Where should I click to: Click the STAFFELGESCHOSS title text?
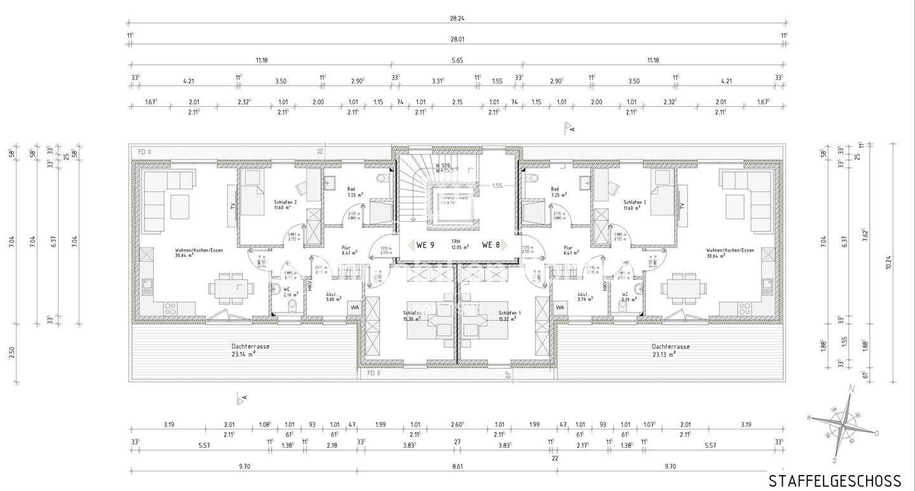[x=835, y=481]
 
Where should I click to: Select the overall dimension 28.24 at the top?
[x=457, y=19]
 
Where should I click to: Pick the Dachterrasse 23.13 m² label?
[x=670, y=350]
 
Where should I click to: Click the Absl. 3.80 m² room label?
[x=331, y=297]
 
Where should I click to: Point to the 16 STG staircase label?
[x=442, y=168]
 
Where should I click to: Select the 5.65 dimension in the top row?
[x=457, y=60]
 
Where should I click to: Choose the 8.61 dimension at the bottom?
[x=458, y=466]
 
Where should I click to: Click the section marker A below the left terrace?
[x=241, y=399]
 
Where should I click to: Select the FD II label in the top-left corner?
[x=144, y=152]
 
